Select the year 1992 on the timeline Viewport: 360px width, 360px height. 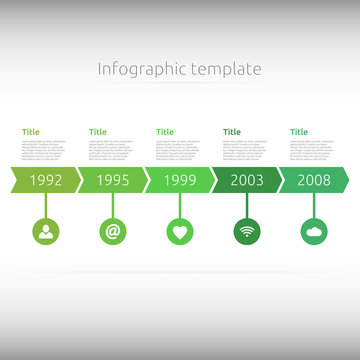(x=46, y=181)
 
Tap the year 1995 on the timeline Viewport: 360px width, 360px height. (x=113, y=181)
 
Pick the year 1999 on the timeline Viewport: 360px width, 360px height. (x=180, y=181)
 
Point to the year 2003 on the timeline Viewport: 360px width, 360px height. (x=247, y=181)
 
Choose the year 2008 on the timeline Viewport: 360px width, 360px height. (x=314, y=181)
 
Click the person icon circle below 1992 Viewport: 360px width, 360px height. (x=46, y=232)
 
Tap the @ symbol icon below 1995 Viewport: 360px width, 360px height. (x=113, y=232)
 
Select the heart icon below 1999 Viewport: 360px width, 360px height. (x=180, y=232)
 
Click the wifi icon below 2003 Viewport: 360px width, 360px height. (x=247, y=232)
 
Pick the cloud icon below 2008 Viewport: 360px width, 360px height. (x=314, y=232)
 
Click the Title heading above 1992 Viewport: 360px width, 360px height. (x=31, y=132)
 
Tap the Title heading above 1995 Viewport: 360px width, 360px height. (x=98, y=132)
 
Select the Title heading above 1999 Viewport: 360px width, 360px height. (x=165, y=132)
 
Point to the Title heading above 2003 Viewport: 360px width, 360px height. (x=232, y=132)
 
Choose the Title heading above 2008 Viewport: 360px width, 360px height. (x=299, y=132)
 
